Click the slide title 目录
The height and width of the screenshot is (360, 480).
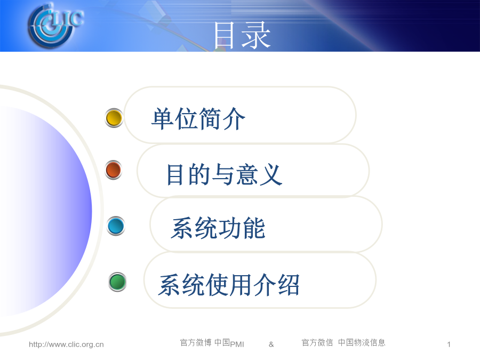tap(242, 35)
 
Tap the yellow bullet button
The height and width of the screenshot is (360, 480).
tap(114, 118)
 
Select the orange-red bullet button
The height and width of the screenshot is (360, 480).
tap(113, 170)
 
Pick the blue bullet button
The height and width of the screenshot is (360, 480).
tap(116, 226)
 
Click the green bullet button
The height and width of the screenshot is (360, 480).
tap(117, 282)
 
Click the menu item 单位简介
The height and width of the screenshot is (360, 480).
tap(198, 119)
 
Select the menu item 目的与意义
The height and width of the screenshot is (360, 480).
tap(224, 174)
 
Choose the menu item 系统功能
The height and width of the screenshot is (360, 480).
tap(218, 228)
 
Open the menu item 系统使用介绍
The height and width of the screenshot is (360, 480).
tap(229, 285)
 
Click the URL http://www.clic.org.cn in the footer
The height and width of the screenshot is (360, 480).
tap(66, 345)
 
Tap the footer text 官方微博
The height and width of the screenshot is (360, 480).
tap(196, 342)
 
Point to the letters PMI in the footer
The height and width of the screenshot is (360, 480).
tap(237, 345)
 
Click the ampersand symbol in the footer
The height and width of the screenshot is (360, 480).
tap(271, 345)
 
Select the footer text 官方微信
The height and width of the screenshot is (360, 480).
tap(317, 342)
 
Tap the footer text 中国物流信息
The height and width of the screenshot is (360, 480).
tap(362, 342)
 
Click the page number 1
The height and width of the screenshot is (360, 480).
tap(449, 345)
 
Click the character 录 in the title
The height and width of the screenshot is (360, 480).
tap(257, 35)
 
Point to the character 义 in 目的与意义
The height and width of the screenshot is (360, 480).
tap(270, 174)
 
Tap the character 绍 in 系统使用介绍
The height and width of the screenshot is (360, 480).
tap(289, 285)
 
